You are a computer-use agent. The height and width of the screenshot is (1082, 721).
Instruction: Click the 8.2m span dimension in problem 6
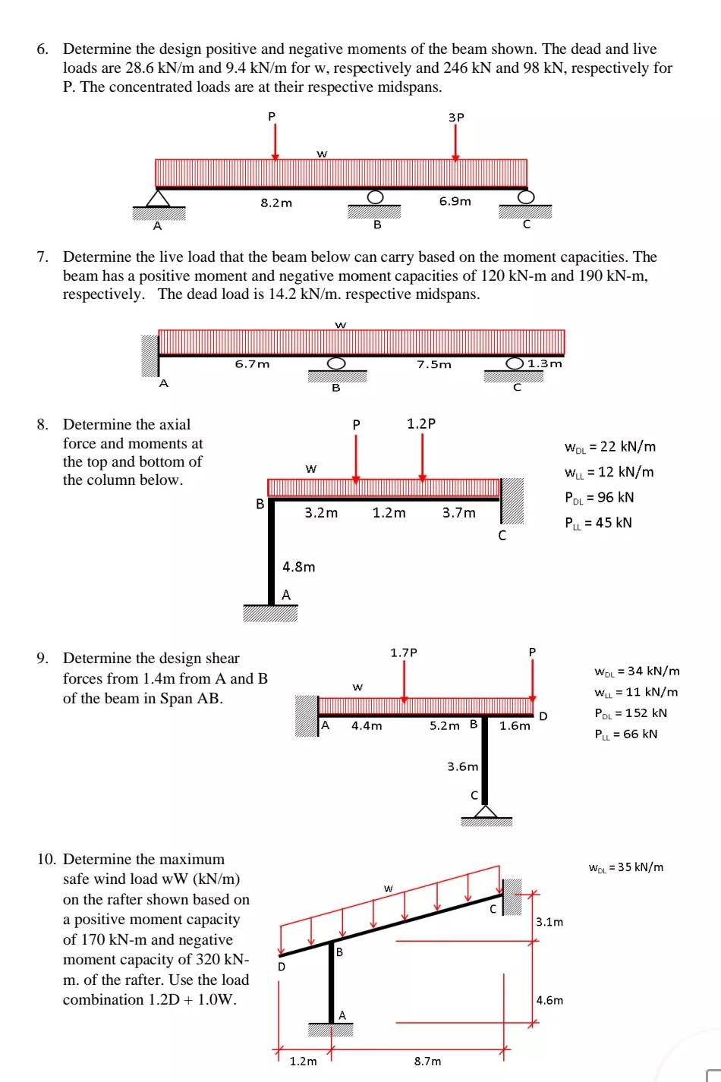click(x=275, y=203)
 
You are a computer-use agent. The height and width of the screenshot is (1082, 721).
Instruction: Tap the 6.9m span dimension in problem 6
click(x=455, y=201)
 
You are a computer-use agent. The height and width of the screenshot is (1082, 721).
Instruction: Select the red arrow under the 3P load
click(x=455, y=144)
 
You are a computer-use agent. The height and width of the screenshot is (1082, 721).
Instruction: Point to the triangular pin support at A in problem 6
click(x=158, y=198)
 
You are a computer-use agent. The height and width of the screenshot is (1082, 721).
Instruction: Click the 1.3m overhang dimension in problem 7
click(x=545, y=363)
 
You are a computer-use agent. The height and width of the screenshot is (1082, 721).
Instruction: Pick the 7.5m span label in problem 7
click(x=433, y=364)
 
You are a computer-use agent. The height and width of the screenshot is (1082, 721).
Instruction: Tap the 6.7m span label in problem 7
click(x=252, y=363)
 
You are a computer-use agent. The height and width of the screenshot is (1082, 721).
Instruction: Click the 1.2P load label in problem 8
click(x=421, y=423)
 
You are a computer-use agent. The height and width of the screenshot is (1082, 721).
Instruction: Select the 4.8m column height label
click(x=298, y=567)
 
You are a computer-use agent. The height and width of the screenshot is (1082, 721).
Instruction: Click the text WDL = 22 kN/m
click(x=609, y=447)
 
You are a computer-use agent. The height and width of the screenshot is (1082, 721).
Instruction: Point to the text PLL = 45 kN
click(x=598, y=523)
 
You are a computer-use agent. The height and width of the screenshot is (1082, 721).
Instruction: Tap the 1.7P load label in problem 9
click(x=404, y=653)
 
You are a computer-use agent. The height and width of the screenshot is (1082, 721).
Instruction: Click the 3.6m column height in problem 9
click(x=462, y=766)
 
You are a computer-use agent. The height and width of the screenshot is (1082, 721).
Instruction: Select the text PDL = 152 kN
click(x=631, y=713)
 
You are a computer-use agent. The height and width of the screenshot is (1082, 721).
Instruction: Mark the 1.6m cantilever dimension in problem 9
click(x=515, y=725)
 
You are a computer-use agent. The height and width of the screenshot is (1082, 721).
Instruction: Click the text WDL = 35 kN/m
click(x=626, y=867)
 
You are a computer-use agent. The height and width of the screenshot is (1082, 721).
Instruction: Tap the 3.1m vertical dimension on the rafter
click(x=549, y=922)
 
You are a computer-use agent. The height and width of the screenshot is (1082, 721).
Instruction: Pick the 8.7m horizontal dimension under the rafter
click(x=427, y=1061)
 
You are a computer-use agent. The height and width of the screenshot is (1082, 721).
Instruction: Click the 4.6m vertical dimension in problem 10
click(x=549, y=1000)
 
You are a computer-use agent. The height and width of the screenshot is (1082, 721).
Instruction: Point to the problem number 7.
click(x=43, y=257)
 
